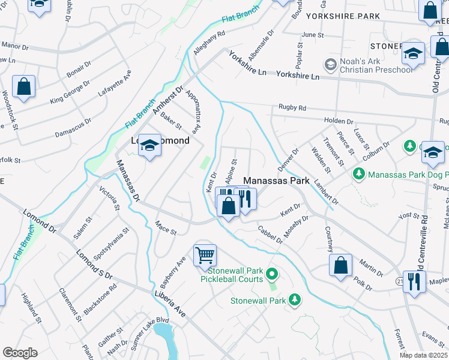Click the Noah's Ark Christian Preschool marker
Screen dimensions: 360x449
click(x=330, y=64)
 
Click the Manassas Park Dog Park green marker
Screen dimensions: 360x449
click(x=359, y=174)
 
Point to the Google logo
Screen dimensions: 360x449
click(x=20, y=352)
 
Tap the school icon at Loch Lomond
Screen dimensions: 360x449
click(x=150, y=146)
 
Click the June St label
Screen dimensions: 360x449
click(x=312, y=35)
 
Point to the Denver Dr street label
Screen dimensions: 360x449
click(x=288, y=159)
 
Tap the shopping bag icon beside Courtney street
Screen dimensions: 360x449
click(x=340, y=266)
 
